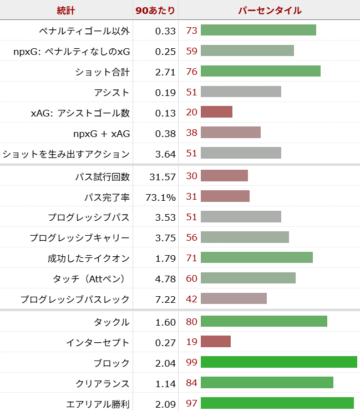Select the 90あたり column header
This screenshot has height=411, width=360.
click(156, 10)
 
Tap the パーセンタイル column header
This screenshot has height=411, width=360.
click(270, 10)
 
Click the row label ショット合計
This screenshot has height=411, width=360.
click(103, 72)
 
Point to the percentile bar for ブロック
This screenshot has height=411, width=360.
click(278, 363)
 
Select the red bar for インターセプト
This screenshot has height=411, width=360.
click(215, 342)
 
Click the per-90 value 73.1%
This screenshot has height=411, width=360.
click(161, 197)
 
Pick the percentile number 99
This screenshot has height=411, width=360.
click(192, 363)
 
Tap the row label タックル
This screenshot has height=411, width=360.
click(112, 322)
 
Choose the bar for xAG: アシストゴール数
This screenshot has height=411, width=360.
click(216, 113)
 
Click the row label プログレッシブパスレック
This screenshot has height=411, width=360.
click(75, 300)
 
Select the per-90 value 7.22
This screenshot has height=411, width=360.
click(165, 300)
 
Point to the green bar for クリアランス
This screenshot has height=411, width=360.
click(267, 383)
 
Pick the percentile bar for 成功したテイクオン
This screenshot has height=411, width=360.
click(256, 258)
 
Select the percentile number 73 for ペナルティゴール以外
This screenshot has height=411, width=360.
click(192, 31)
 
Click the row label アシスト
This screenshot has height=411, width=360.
click(112, 92)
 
